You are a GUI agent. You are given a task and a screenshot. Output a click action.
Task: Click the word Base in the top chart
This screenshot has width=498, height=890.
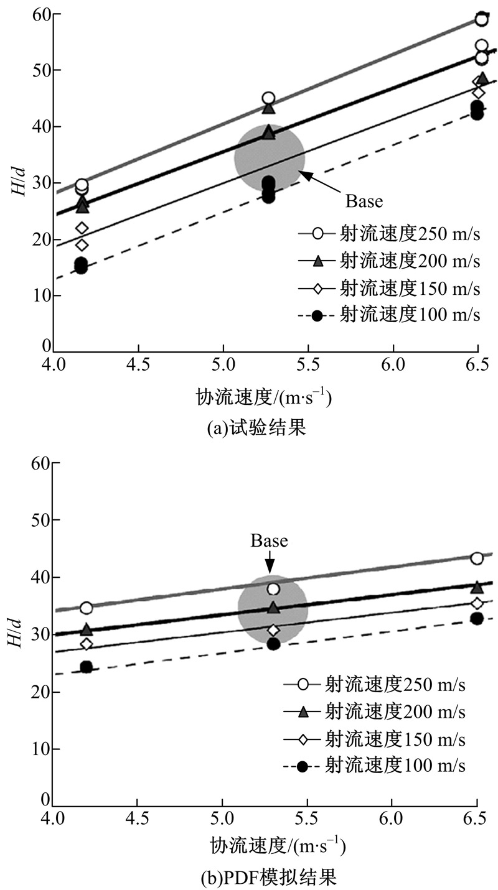[x=364, y=201]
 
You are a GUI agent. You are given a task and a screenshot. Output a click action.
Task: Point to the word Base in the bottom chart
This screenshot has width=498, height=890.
[x=270, y=540]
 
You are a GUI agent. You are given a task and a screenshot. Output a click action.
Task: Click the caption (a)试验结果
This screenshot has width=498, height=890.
[x=249, y=429]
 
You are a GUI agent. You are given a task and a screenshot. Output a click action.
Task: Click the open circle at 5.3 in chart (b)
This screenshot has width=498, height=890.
[x=273, y=589]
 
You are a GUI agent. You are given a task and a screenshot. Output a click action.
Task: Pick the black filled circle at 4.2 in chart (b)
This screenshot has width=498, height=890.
[x=86, y=667]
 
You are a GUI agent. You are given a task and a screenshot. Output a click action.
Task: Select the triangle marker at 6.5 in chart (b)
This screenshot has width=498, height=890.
[x=477, y=587]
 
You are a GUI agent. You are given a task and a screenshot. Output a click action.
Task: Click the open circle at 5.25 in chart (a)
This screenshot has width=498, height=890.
[x=268, y=98]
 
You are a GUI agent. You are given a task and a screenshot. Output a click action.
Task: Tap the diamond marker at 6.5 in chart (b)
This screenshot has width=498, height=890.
[x=477, y=603]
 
